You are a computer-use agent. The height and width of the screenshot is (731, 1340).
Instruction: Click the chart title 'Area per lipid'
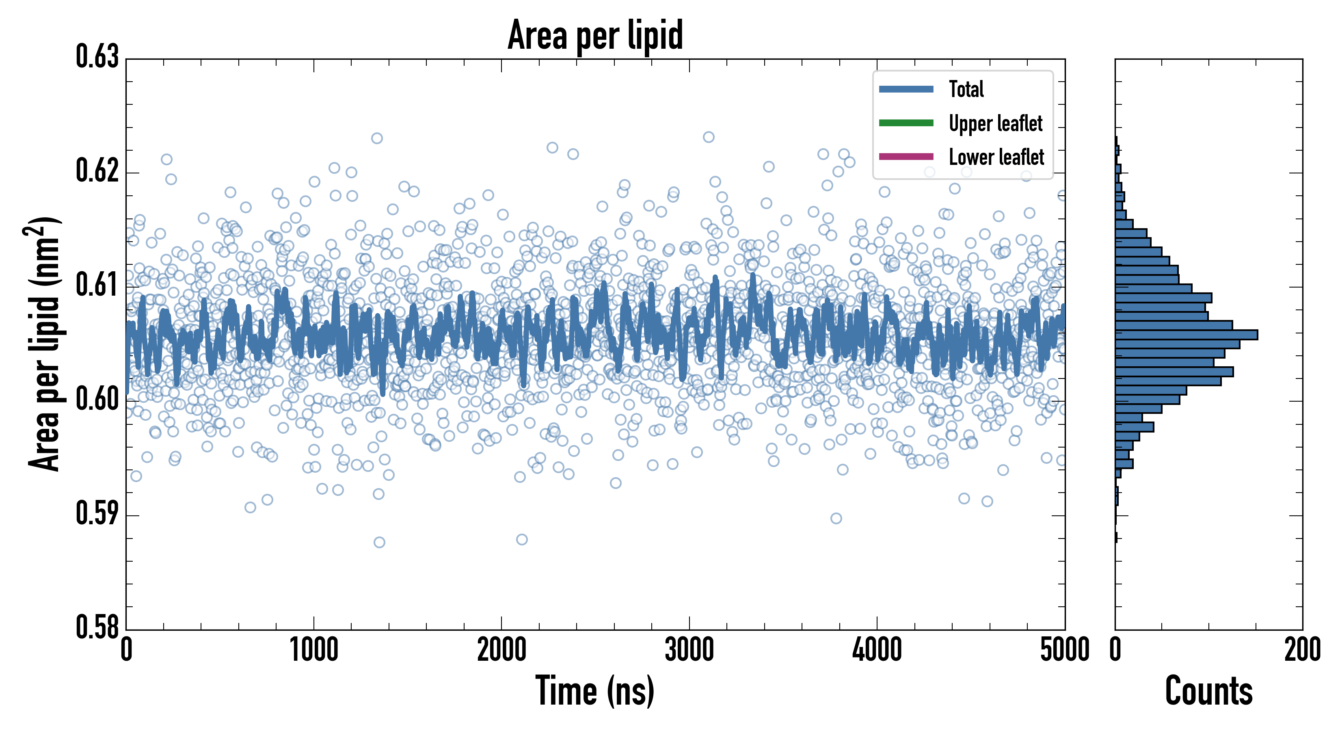pos(595,35)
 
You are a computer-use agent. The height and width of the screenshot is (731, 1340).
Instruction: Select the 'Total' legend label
pos(966,89)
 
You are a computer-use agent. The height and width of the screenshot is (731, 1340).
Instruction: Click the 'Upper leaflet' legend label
pos(995,123)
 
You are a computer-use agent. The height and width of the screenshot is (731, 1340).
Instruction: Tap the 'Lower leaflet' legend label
pos(996,157)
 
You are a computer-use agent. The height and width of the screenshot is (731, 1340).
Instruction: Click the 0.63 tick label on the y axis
pos(97,57)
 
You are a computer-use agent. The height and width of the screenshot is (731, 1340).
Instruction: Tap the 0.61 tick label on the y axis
pos(97,285)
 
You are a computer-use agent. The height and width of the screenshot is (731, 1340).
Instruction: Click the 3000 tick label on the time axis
pos(689,650)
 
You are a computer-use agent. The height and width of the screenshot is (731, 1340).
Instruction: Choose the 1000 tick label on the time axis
pos(313,650)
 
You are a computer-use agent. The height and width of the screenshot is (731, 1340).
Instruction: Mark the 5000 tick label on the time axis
pos(1064,650)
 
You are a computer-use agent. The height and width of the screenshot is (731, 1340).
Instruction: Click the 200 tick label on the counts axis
pos(1302,650)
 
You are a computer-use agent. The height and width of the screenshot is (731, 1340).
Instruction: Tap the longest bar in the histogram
pos(1186,335)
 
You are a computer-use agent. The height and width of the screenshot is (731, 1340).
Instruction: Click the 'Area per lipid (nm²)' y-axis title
pos(44,344)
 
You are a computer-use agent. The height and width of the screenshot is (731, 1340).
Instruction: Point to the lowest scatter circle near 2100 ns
pos(522,540)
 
